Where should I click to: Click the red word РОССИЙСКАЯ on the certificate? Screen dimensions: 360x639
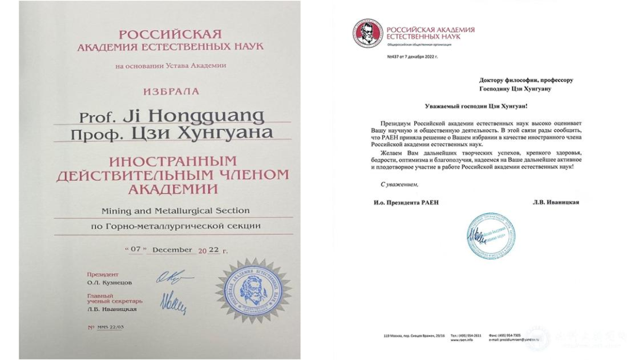point(170,33)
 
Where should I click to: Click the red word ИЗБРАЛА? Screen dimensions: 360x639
point(170,92)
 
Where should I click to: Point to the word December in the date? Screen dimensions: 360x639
point(171,250)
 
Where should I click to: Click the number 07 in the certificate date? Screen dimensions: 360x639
point(135,250)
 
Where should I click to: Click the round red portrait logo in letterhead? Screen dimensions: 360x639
point(367,33)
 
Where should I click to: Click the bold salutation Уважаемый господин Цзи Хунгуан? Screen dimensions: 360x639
point(474,105)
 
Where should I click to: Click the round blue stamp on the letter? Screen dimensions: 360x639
point(490,235)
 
